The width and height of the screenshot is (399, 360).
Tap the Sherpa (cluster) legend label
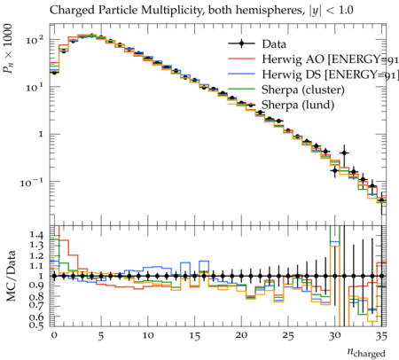click(x=303, y=90)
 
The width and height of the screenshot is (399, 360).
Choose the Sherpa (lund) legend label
click(x=298, y=105)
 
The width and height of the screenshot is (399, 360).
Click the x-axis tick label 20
click(x=241, y=335)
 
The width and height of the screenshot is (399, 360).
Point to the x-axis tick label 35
click(x=381, y=336)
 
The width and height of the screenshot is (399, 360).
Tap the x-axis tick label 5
click(x=101, y=336)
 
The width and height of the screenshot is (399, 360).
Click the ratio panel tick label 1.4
click(x=36, y=235)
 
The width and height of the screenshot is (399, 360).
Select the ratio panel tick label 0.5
click(x=36, y=325)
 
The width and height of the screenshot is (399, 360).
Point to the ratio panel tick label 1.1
click(x=36, y=266)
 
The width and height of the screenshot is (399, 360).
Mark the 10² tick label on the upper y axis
click(x=35, y=39)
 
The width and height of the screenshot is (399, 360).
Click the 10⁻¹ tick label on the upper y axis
click(x=32, y=183)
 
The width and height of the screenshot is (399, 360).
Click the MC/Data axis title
click(x=11, y=276)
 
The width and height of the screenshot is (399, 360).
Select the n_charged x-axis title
click(x=366, y=352)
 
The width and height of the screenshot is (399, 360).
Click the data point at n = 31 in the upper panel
click(x=344, y=153)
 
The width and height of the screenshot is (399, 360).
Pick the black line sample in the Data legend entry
click(x=241, y=43)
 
